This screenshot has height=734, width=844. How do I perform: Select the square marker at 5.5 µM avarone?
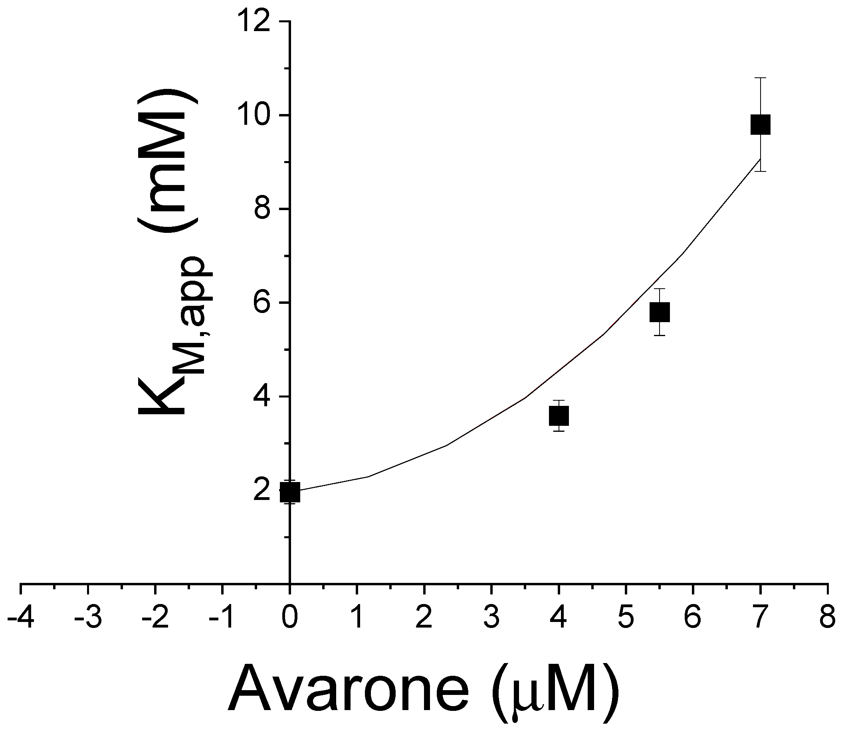[x=660, y=312]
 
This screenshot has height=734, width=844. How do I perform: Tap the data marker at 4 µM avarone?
[x=559, y=416]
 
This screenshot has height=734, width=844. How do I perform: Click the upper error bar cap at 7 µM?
[x=760, y=78]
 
